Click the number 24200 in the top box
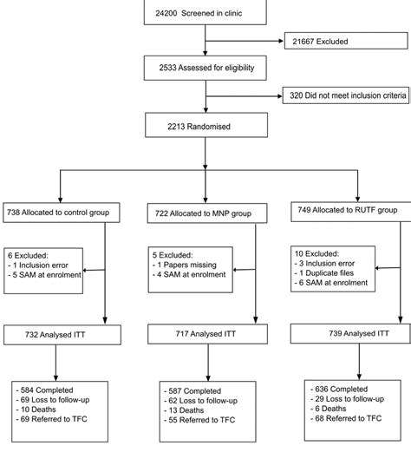tap(166, 13)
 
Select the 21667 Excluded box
tap(346, 41)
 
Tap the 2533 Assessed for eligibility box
tap(205, 68)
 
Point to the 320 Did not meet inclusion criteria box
tap(346, 95)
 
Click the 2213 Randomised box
tap(206, 125)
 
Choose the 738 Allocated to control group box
tap(62, 213)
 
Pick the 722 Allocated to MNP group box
tap(207, 213)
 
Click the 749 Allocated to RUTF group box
tap(351, 211)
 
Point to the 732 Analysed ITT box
tap(62, 335)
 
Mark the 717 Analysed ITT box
tap(207, 334)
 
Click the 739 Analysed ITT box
tap(350, 333)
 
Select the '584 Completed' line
tap(44, 390)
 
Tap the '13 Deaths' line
tap(184, 410)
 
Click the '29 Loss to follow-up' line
tap(347, 399)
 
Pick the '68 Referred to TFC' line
tap(346, 418)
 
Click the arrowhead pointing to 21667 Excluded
tap(281, 41)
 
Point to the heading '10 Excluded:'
tap(316, 253)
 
